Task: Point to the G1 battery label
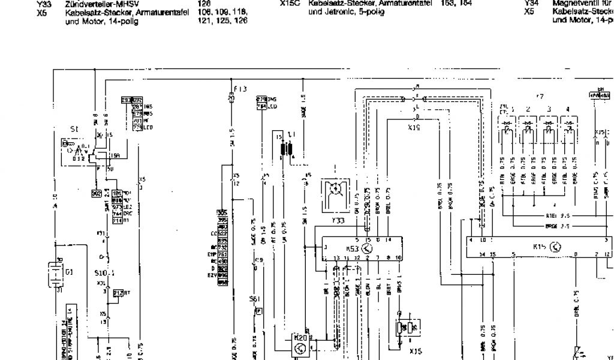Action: (x=70, y=272)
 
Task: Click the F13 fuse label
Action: (x=240, y=89)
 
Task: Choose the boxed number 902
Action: (x=96, y=193)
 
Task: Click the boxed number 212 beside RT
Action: (x=118, y=293)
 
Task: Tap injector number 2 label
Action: (x=528, y=110)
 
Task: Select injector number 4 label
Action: (x=568, y=110)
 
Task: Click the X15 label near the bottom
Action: (x=415, y=351)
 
